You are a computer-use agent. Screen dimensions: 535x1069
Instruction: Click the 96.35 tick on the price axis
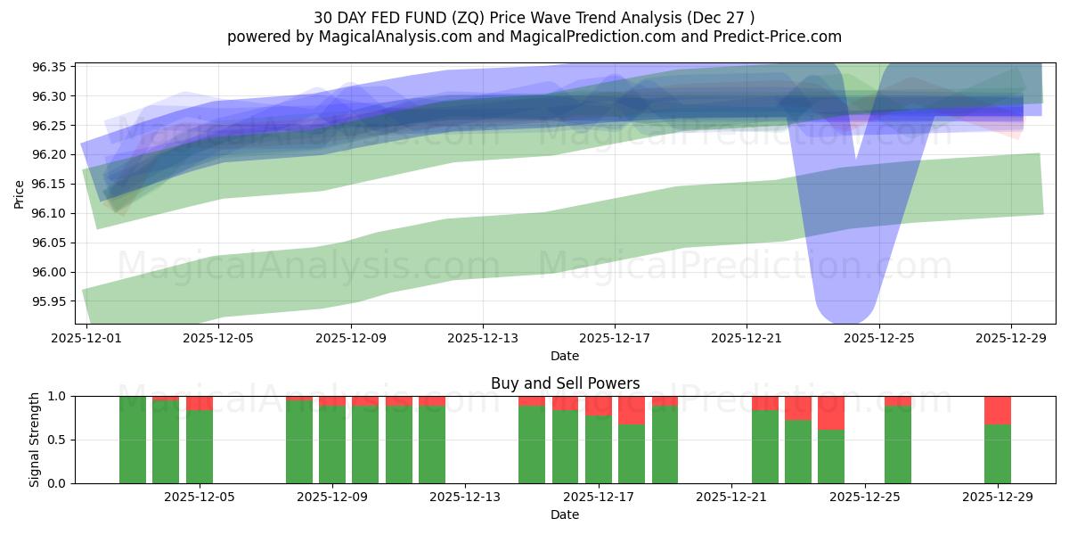tap(52, 67)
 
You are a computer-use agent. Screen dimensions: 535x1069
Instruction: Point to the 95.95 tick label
tap(52, 301)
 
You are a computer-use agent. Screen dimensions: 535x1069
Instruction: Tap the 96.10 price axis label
tap(52, 214)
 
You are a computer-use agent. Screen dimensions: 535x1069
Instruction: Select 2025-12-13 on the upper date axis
tap(482, 339)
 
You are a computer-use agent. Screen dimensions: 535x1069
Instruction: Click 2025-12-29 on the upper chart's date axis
tap(1010, 339)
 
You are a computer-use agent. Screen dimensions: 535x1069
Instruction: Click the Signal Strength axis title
tap(34, 440)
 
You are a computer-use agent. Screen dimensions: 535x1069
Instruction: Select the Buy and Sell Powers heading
tap(565, 383)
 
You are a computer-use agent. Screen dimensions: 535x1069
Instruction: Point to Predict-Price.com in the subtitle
tap(774, 37)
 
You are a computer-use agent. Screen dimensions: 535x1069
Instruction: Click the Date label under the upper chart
tap(565, 356)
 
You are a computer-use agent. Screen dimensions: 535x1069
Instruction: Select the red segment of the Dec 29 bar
tap(997, 410)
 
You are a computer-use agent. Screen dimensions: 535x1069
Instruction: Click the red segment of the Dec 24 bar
tap(830, 413)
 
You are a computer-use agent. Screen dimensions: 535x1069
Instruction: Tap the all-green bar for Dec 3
tap(133, 440)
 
